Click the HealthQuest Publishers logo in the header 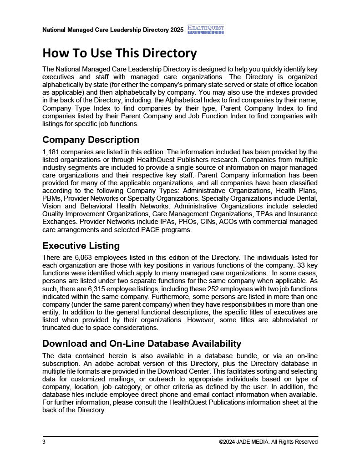pos(205,30)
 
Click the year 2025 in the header pos(177,30)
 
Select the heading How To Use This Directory pos(119,53)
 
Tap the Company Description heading pos(91,140)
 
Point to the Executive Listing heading pos(81,246)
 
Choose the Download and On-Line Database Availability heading pos(142,344)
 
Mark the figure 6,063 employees pos(84,258)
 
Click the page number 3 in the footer pos(44,442)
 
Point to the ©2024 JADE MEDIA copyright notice pos(268,442)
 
